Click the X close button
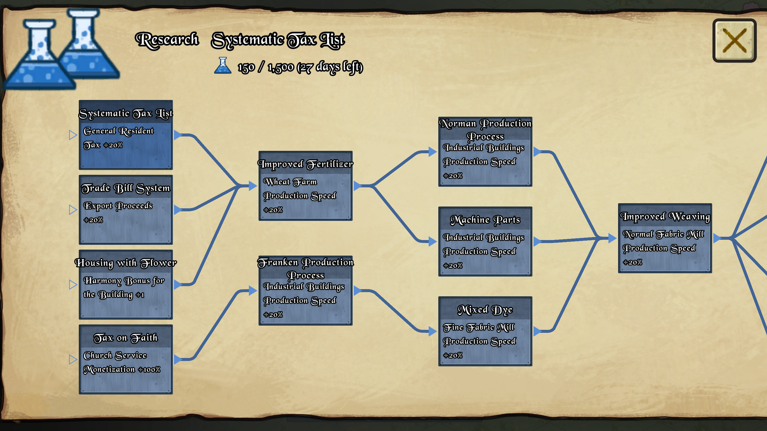734,40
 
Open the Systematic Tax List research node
126,135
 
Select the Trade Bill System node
126,210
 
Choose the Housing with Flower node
126,285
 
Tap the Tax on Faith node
126,359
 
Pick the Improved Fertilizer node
306,186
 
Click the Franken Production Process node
306,291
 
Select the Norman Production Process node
485,152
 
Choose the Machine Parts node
485,242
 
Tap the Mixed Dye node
485,331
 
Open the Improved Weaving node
665,238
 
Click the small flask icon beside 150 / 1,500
223,65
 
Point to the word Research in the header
167,40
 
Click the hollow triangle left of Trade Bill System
73,210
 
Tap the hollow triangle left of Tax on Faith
73,359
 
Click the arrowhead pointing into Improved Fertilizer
253,186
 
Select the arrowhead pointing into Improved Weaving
612,238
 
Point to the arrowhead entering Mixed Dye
433,331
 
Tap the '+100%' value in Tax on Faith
149,370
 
